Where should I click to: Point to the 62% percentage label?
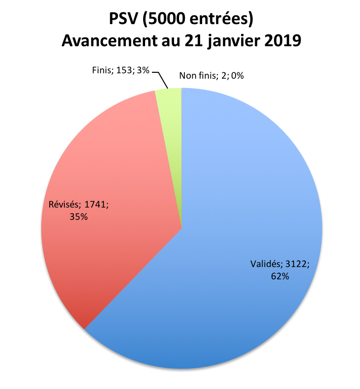(279, 276)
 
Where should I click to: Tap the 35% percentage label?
(78, 216)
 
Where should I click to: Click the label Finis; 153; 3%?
(120, 70)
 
